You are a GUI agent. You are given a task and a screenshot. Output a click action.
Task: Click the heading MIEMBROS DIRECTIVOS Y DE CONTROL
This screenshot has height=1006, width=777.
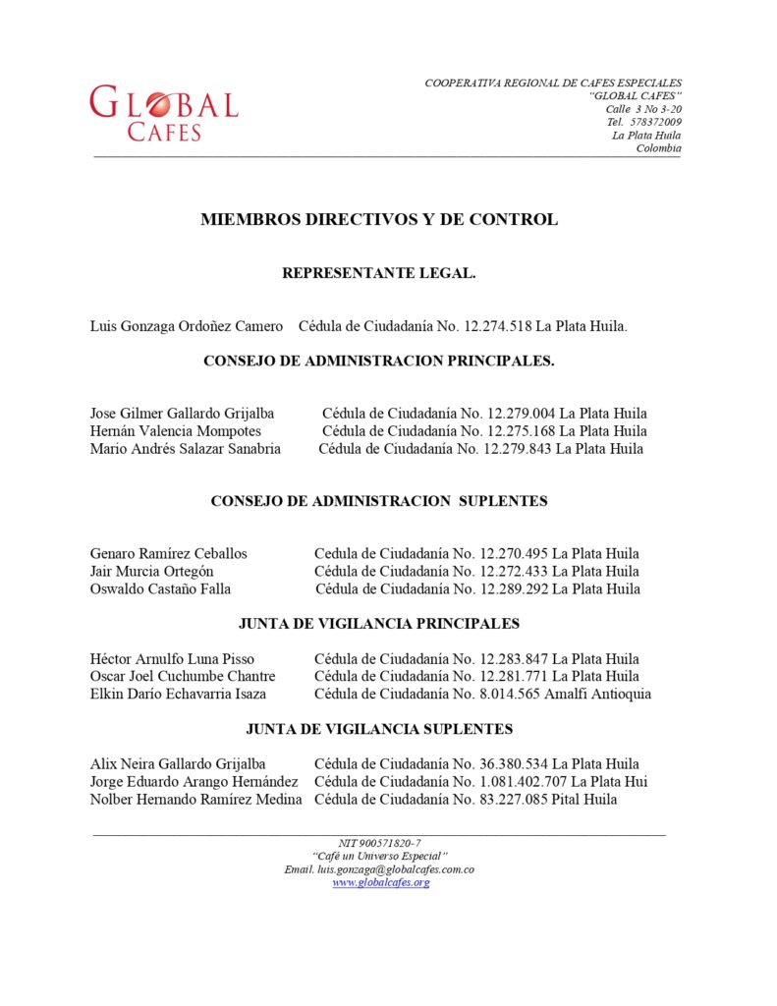pos(379,220)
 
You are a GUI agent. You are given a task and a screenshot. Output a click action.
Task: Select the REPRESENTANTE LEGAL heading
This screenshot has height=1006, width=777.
pos(379,273)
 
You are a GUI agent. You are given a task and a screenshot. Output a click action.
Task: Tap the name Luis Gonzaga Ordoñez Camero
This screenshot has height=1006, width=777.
pos(187,326)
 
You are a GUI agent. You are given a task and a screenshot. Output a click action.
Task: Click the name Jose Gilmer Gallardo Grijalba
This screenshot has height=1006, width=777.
pos(182,414)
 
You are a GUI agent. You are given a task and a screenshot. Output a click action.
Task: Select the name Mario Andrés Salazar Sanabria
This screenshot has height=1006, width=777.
pos(185,449)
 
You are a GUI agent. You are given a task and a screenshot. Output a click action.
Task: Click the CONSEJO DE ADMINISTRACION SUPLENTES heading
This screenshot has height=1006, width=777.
pos(379,501)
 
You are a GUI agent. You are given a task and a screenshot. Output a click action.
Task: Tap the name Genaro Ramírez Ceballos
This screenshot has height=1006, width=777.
pos(168,554)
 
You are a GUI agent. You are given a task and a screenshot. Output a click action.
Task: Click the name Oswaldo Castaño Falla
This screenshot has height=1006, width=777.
pos(160,589)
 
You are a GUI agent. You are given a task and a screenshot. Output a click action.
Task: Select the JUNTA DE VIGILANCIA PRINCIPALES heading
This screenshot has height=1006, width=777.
pos(379,624)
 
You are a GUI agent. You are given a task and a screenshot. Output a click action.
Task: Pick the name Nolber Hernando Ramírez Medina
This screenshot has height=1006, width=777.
pos(195,800)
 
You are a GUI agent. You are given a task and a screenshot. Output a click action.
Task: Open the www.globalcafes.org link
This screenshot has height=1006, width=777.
pos(380,883)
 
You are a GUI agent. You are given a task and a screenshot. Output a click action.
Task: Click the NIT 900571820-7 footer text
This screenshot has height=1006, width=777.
pos(379,843)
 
